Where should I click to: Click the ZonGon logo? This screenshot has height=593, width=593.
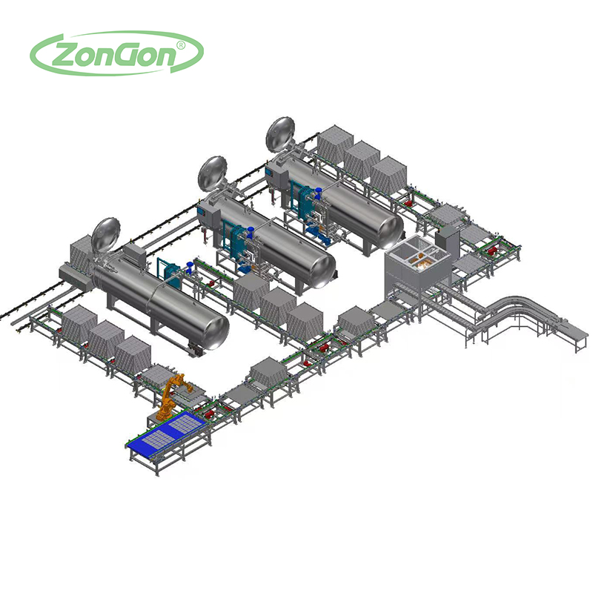pyautogui.click(x=116, y=53)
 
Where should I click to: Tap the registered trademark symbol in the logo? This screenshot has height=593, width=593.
pyautogui.click(x=181, y=45)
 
